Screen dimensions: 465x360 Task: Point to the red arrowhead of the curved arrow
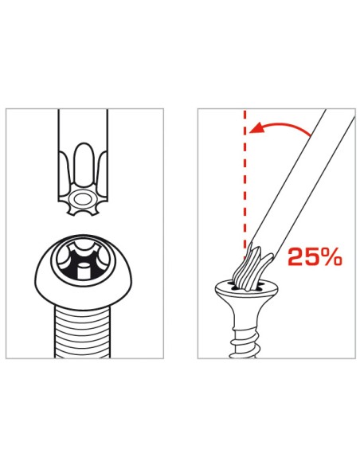[x=253, y=133]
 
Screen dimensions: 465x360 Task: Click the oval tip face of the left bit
[x=80, y=198]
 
